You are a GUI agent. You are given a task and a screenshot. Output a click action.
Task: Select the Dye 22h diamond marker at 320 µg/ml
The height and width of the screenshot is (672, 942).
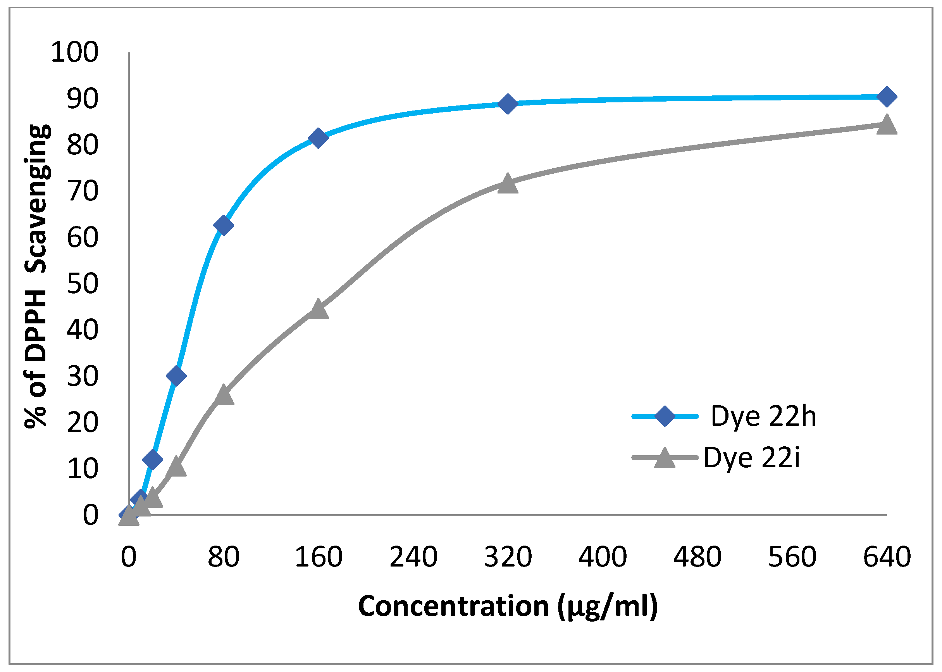508,104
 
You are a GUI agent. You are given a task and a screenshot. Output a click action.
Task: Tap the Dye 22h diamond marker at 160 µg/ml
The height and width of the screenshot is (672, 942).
318,138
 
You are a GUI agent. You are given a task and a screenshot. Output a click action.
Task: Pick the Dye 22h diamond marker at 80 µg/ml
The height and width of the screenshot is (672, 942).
223,225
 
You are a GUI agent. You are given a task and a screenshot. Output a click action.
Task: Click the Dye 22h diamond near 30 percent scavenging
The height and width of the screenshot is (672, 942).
176,376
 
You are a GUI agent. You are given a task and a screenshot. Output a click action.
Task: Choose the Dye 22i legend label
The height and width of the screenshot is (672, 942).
751,458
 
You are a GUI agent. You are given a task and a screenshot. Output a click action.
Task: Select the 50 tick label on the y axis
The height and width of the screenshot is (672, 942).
83,284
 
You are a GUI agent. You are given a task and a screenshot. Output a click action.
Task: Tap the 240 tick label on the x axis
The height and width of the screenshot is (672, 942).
413,557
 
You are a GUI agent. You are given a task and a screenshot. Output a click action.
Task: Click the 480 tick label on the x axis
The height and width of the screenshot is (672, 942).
697,557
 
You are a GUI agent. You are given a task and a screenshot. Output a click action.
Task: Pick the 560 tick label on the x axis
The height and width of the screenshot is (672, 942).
792,557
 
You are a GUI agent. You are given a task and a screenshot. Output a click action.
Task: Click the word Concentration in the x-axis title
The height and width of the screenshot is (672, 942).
453,606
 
